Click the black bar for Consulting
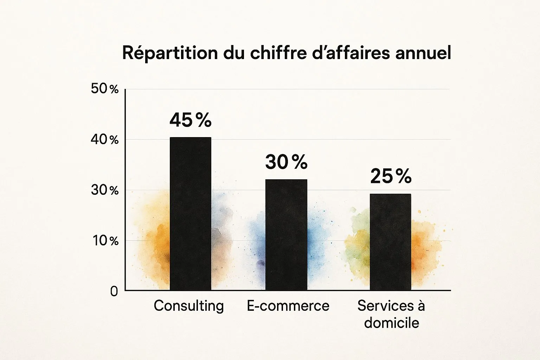click(191, 214)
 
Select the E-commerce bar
click(287, 234)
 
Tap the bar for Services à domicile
click(391, 242)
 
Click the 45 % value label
click(191, 120)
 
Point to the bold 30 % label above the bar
click(287, 162)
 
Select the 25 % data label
click(391, 176)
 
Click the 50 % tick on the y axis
click(105, 89)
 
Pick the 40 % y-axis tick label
click(105, 140)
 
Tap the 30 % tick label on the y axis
click(105, 190)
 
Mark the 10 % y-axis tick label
click(105, 240)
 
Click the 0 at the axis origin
click(114, 291)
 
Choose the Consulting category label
click(189, 306)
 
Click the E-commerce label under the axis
click(288, 306)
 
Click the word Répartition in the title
click(170, 53)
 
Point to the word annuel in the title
click(423, 53)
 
